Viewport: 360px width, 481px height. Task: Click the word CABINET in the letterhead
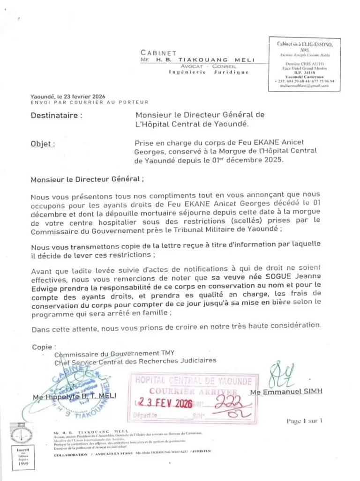click(158, 53)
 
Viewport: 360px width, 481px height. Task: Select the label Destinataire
click(56, 115)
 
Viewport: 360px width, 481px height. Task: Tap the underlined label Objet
click(42, 144)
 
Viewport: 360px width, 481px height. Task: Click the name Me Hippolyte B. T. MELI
click(75, 397)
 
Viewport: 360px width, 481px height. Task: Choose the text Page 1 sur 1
click(304, 421)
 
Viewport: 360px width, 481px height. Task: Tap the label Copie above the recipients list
click(44, 347)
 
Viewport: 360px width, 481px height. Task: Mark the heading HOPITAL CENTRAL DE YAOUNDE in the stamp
click(194, 381)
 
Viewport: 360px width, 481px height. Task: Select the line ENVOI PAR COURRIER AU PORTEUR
click(89, 102)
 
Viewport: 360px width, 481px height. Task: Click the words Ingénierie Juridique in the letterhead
click(209, 73)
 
